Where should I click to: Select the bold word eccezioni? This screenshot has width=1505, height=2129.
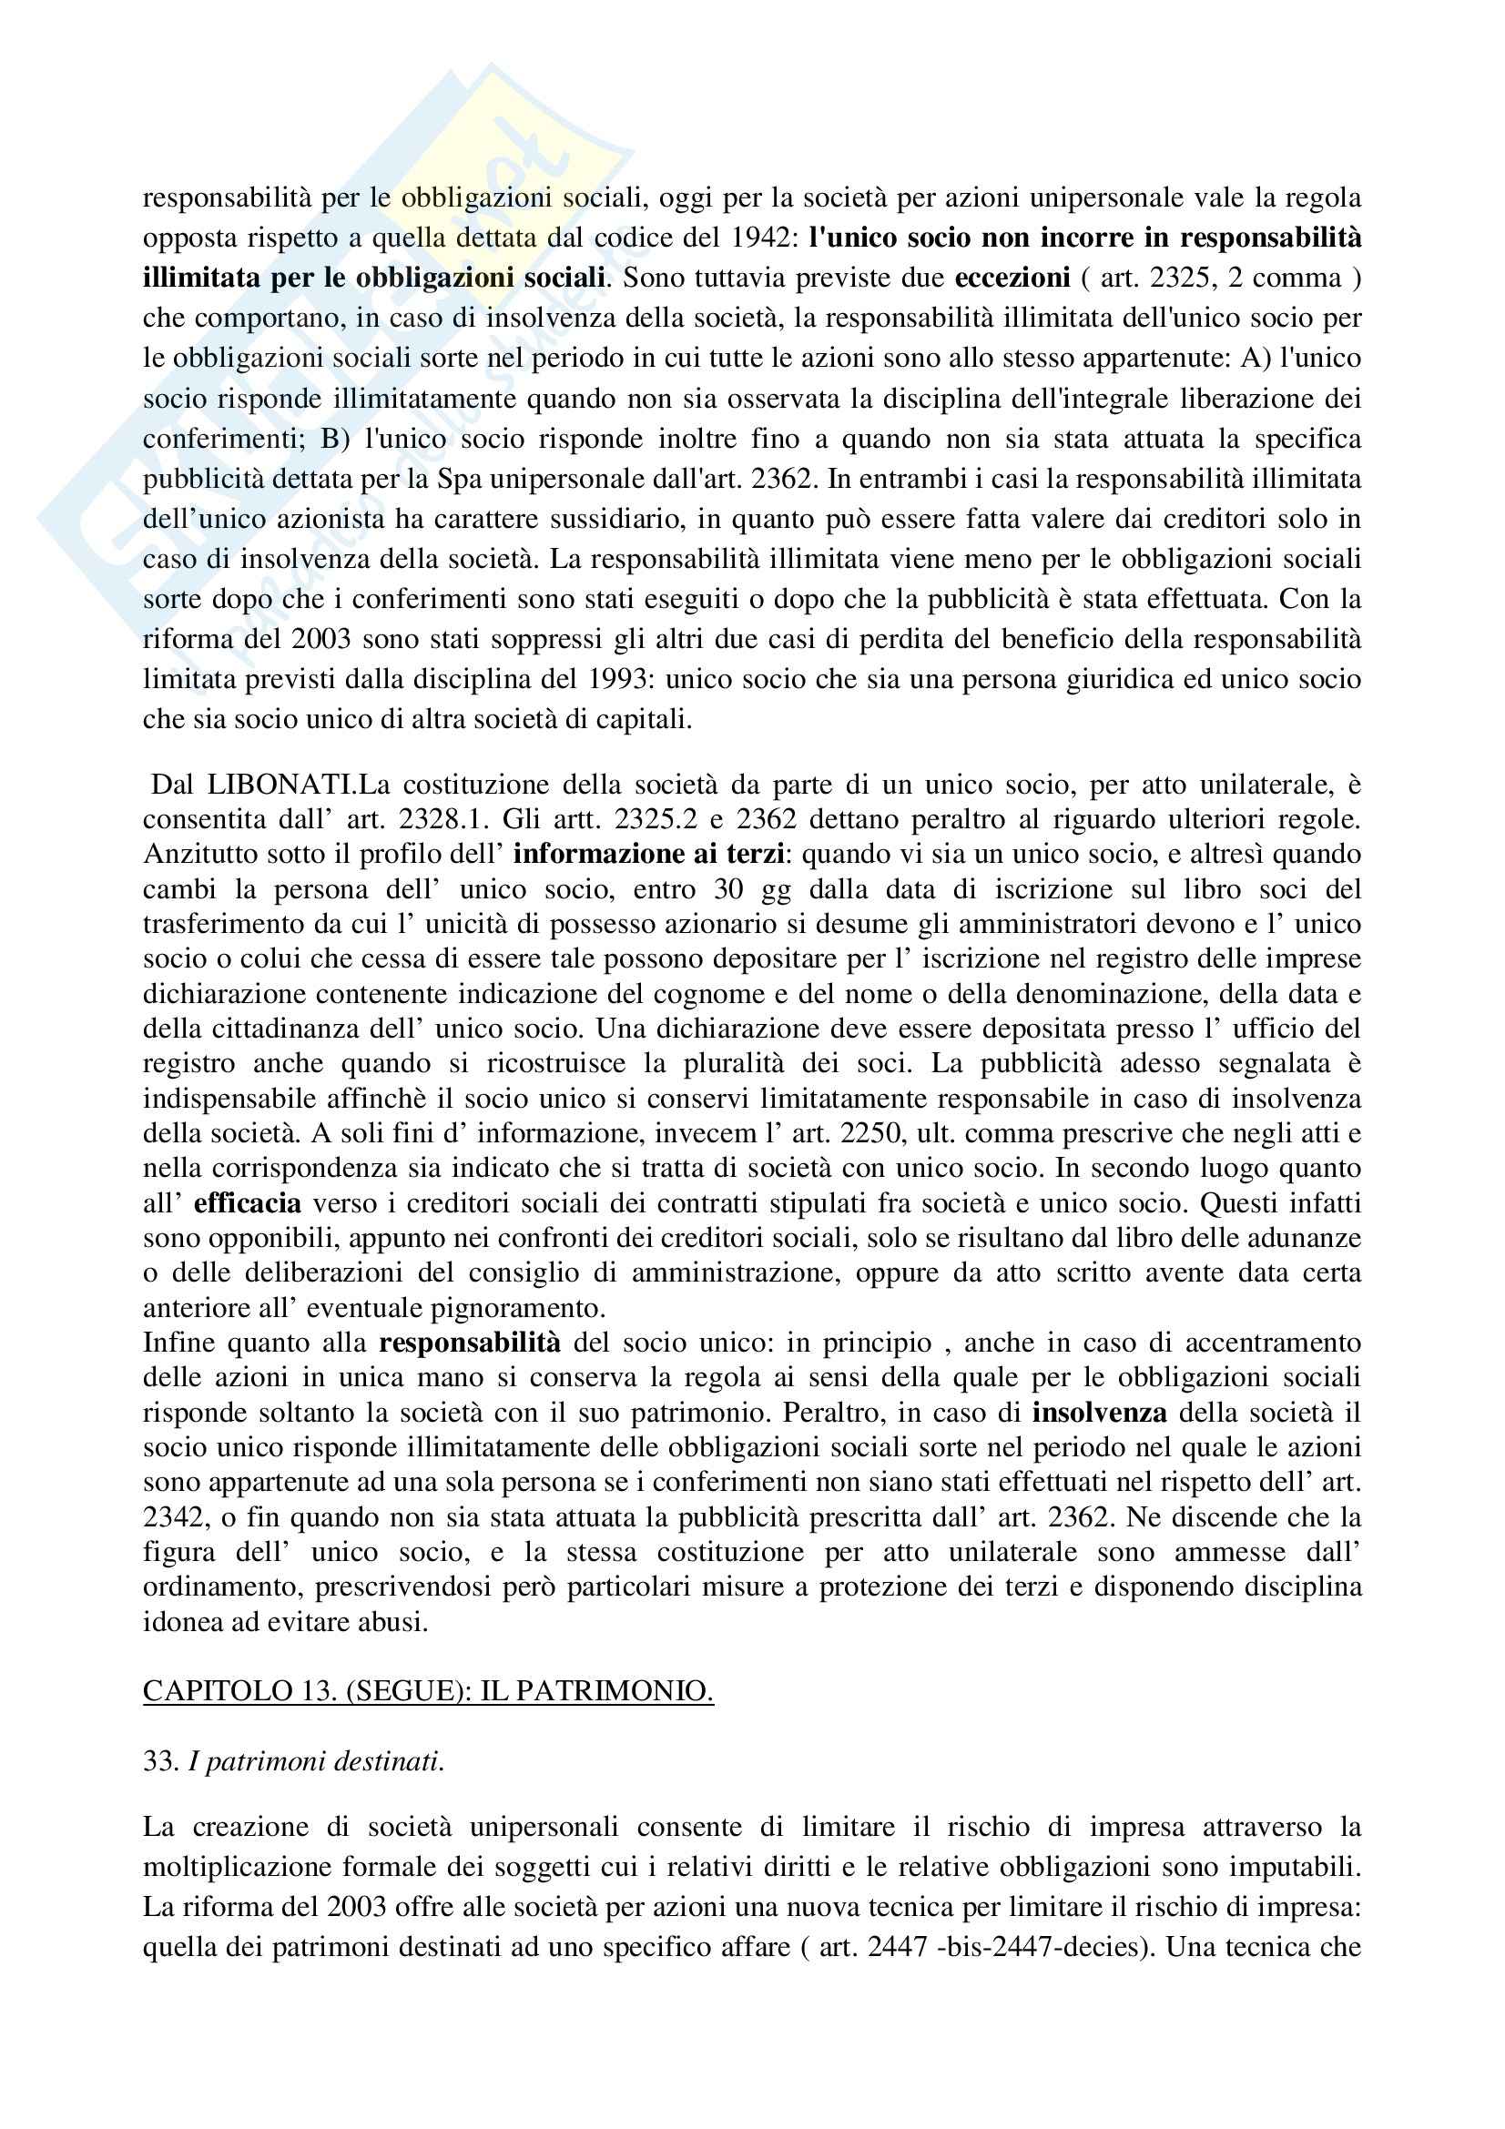(x=1012, y=279)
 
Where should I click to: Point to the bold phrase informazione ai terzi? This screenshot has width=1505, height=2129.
(x=642, y=854)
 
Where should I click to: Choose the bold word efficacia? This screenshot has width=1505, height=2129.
(x=248, y=1203)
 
